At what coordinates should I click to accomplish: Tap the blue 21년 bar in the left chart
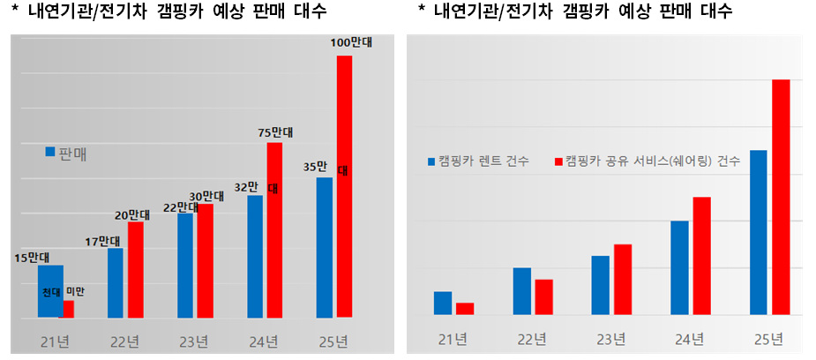(50, 291)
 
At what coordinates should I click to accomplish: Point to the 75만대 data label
(275, 131)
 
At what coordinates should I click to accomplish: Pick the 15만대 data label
(32, 258)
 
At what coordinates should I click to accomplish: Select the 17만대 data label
(103, 241)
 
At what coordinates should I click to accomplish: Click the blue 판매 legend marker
(50, 152)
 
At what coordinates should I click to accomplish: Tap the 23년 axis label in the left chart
(194, 341)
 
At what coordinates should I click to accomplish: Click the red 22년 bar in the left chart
(135, 269)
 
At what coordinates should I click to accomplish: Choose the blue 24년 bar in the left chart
(255, 256)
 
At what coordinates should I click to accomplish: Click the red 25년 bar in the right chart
(781, 197)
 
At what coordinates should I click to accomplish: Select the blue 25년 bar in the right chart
(758, 232)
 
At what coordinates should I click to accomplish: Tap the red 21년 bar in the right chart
(465, 308)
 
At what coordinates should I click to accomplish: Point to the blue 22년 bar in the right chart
(521, 290)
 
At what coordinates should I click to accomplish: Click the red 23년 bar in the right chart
(623, 279)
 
